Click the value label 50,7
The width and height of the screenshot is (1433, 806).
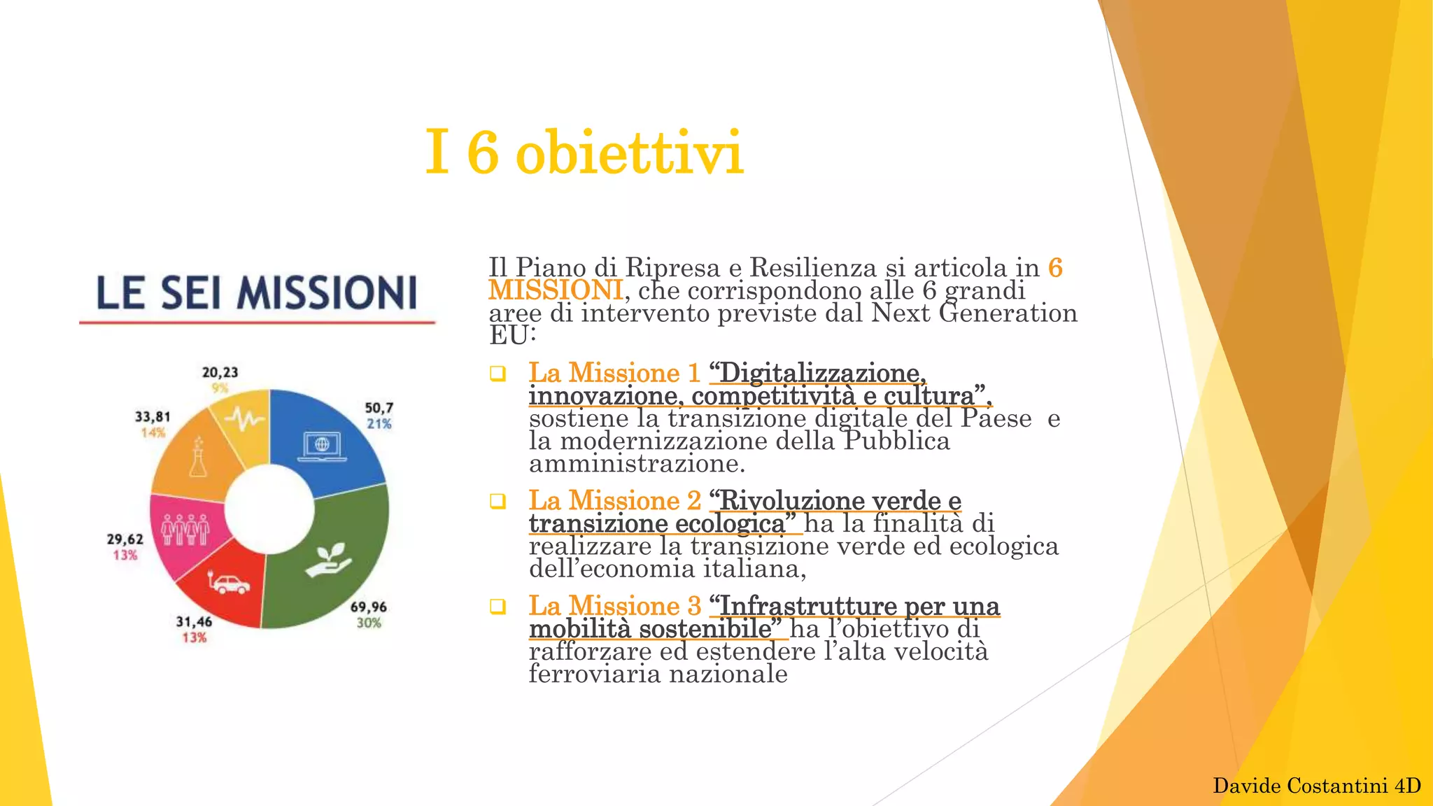[x=379, y=408]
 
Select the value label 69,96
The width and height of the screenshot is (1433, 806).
[x=369, y=607]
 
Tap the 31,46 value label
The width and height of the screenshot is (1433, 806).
[x=194, y=621]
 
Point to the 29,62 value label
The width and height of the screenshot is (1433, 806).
[x=125, y=539]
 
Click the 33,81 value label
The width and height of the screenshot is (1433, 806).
[x=153, y=416]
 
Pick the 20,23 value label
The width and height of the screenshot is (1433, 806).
[x=220, y=372]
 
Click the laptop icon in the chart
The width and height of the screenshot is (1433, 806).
[x=322, y=446]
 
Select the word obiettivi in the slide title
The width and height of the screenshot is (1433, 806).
[x=628, y=153]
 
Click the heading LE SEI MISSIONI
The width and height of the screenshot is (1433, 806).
[x=257, y=292]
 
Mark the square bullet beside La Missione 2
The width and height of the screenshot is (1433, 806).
[x=497, y=501]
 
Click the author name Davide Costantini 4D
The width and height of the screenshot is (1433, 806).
[x=1316, y=786]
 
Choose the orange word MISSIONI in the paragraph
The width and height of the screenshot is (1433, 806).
[x=556, y=290]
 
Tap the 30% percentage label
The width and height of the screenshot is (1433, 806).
[x=369, y=623]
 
